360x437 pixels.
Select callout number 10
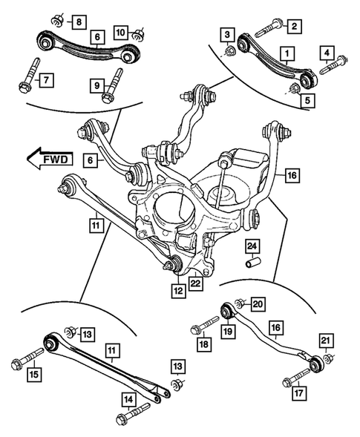click(x=120, y=33)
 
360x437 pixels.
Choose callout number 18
click(x=203, y=344)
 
